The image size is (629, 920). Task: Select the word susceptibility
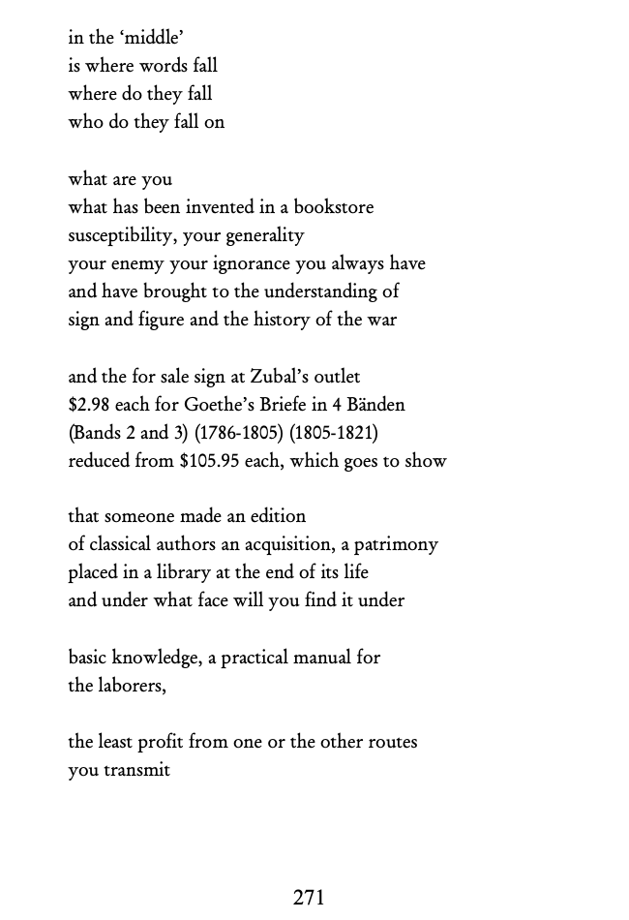(x=123, y=235)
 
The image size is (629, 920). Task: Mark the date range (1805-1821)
(x=334, y=433)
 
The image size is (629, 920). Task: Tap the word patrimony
(x=395, y=545)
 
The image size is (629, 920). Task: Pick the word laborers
(x=131, y=687)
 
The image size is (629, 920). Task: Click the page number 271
(x=309, y=898)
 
